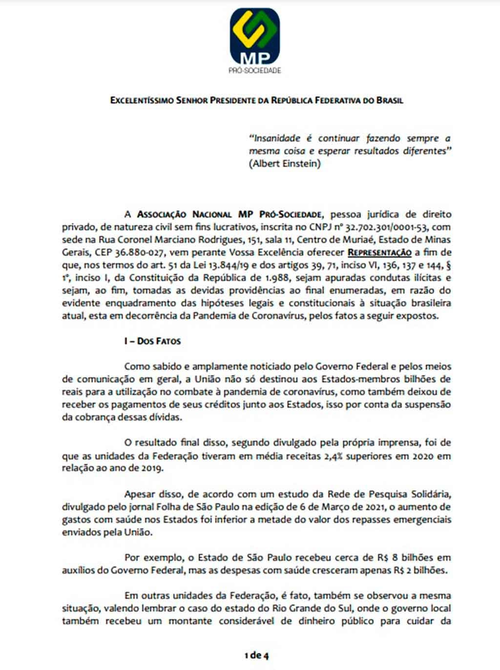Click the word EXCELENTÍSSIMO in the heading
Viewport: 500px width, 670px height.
coord(141,101)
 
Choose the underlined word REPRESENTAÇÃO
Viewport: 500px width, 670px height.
coord(379,253)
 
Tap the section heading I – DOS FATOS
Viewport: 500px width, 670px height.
coord(152,341)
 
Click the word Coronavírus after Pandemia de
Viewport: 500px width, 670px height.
coord(281,316)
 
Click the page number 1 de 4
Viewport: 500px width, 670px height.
coord(256,655)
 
